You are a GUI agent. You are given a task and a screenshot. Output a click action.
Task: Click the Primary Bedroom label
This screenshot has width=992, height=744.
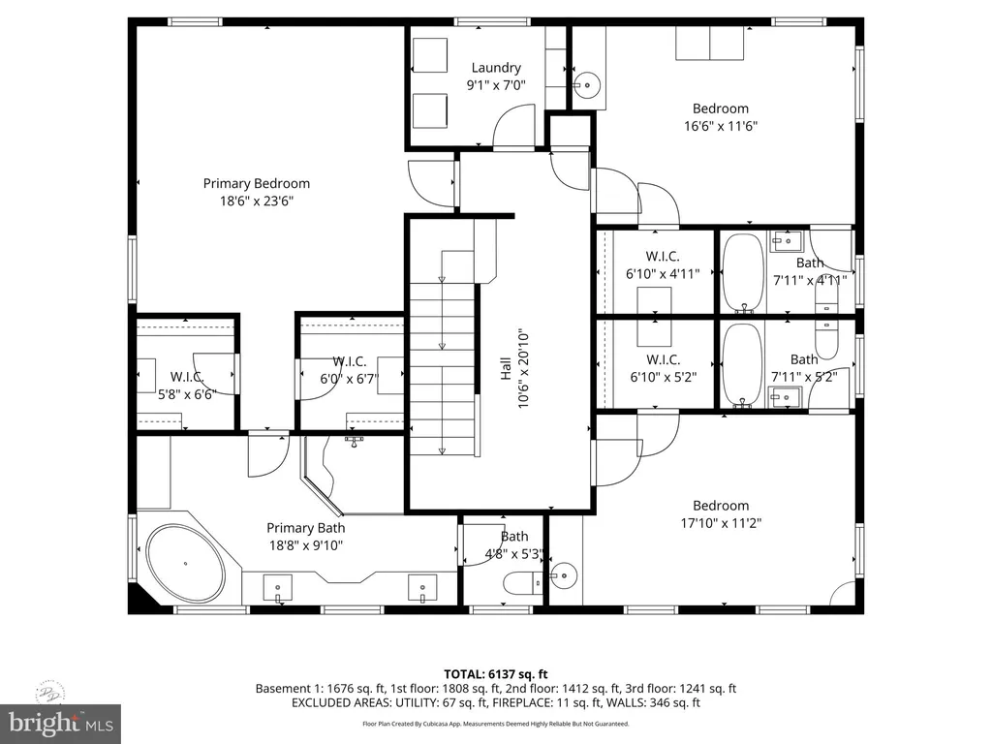click(256, 183)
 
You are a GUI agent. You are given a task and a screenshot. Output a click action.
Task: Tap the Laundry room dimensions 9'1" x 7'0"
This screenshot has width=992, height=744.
click(495, 85)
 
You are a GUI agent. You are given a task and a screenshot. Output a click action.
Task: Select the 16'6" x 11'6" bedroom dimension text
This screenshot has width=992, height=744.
click(720, 125)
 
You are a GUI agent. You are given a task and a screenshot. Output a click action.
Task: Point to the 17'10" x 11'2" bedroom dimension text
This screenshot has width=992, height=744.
click(720, 522)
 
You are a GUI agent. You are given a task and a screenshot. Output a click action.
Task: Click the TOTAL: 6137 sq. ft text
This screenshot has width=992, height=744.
click(496, 674)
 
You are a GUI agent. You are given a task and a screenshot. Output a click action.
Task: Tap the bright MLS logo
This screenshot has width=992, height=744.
click(60, 723)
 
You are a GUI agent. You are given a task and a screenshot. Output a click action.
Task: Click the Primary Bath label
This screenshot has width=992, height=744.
click(305, 528)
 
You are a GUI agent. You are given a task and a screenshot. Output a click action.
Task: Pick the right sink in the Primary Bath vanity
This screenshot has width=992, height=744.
click(422, 585)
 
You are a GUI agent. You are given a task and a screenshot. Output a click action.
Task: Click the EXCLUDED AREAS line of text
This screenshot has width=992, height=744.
click(496, 702)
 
